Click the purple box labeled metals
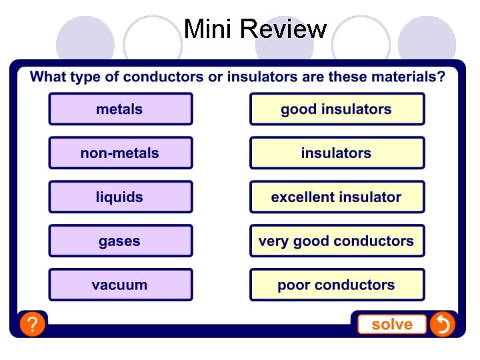pyautogui.click(x=120, y=109)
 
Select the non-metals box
pyautogui.click(x=120, y=153)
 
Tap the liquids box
pyautogui.click(x=120, y=197)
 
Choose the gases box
pyautogui.click(x=120, y=241)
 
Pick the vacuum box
pyautogui.click(x=120, y=285)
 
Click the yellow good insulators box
pyautogui.click(x=337, y=109)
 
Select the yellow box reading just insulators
pyautogui.click(x=337, y=153)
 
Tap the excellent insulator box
pyautogui.click(x=337, y=197)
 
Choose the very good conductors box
pyautogui.click(x=337, y=241)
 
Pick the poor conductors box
pyautogui.click(x=337, y=285)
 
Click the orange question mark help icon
pyautogui.click(x=32, y=325)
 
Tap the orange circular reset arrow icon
pyautogui.click(x=442, y=325)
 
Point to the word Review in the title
pyautogui.click(x=283, y=29)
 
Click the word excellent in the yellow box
pyautogui.click(x=302, y=197)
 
